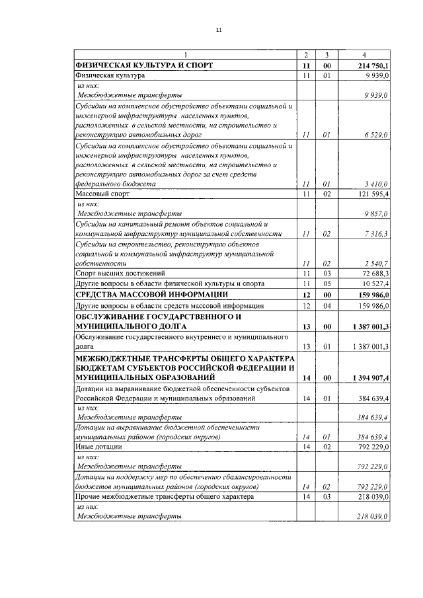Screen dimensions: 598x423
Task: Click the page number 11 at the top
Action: (x=219, y=30)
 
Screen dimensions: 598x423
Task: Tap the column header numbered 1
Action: (x=185, y=54)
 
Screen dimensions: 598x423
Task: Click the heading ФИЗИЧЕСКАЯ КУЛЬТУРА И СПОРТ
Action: (x=144, y=66)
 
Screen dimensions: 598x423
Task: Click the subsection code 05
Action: (x=325, y=283)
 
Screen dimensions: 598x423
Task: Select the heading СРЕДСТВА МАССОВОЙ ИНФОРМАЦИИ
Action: (x=153, y=294)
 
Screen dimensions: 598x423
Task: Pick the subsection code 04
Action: (x=325, y=305)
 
